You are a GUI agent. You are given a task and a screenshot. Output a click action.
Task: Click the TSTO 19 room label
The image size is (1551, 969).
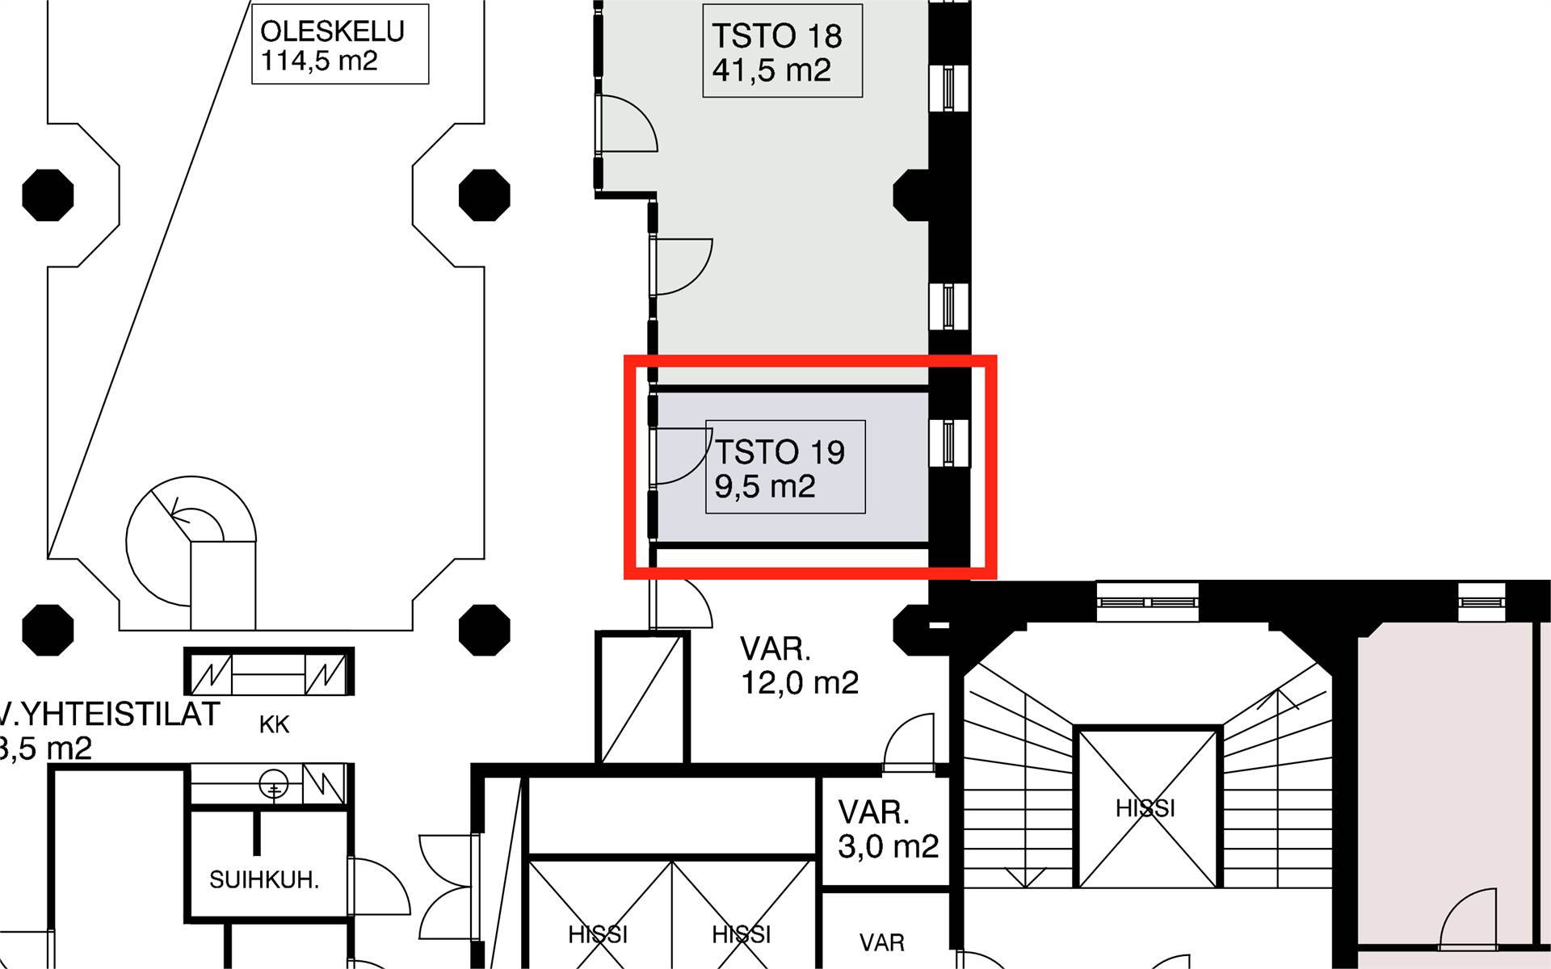tap(780, 452)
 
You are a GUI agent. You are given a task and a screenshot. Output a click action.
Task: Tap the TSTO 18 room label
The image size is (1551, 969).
tap(776, 36)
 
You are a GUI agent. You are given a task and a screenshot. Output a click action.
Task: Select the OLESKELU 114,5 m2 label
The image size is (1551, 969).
tap(332, 45)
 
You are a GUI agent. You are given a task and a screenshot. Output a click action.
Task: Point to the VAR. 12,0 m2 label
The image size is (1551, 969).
tap(799, 666)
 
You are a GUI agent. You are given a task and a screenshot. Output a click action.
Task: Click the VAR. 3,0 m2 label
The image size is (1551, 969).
tap(888, 829)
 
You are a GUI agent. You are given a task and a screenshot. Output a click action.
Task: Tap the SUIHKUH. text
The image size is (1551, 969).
tap(264, 879)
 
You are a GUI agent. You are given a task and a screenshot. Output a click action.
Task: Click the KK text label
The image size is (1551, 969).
tap(274, 725)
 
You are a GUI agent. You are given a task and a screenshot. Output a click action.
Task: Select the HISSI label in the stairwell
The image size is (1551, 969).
tap(1145, 808)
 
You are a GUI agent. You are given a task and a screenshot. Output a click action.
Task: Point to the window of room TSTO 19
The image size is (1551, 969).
tap(948, 443)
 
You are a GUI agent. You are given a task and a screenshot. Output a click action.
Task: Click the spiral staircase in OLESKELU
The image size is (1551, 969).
tap(191, 537)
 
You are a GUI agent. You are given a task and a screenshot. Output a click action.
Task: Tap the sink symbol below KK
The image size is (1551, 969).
tap(273, 784)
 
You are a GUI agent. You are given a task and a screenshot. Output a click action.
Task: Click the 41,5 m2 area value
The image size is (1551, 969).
tap(771, 71)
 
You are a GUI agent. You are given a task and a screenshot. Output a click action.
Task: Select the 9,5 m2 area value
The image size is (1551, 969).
tap(764, 487)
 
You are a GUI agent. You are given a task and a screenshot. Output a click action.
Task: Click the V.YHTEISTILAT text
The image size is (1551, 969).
tap(109, 715)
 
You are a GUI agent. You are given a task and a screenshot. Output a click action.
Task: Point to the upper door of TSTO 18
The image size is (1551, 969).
tap(626, 123)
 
